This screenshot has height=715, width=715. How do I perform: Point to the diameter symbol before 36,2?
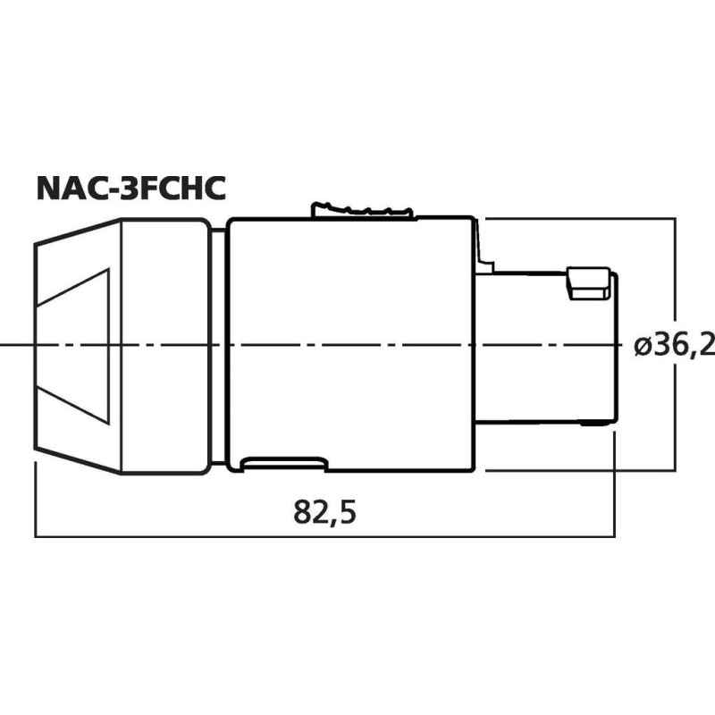point(643,347)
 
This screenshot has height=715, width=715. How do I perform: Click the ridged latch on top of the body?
point(361,211)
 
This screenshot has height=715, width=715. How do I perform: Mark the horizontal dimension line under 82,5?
point(223,536)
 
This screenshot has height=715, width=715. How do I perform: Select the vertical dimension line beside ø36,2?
point(672,268)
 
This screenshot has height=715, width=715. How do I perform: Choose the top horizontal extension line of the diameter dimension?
point(581,217)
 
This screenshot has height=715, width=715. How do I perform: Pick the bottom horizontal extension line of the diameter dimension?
point(581,471)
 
